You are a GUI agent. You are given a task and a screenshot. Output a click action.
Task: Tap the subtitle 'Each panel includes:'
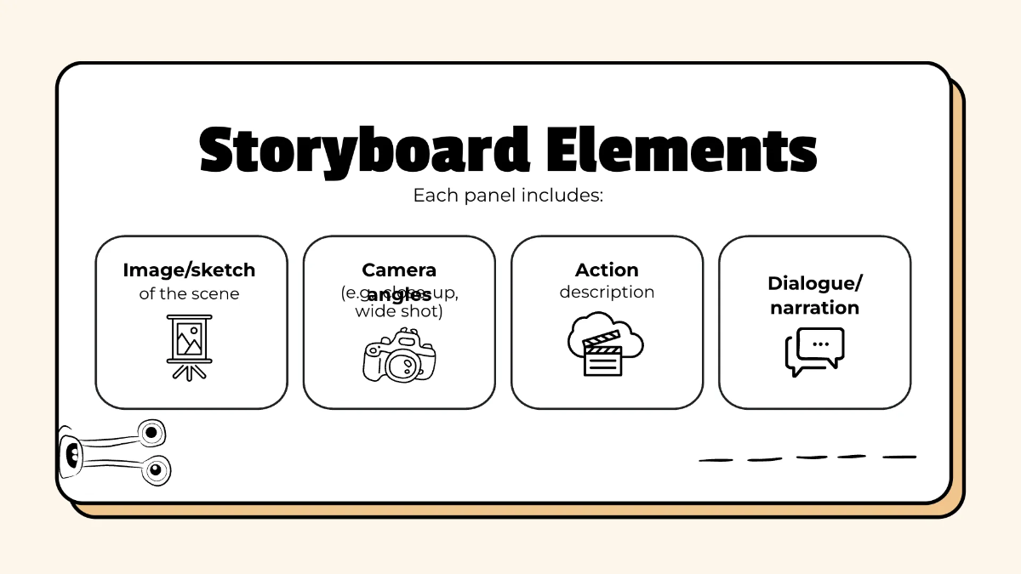click(x=508, y=196)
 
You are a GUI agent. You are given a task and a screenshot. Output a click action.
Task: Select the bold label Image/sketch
click(x=189, y=270)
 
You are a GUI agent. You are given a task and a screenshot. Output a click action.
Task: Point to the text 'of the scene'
click(x=189, y=294)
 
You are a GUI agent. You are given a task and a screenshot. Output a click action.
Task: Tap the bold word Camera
click(x=399, y=270)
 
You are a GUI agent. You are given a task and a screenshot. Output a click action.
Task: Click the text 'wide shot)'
click(x=399, y=312)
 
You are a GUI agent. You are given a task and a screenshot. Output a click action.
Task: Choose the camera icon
click(x=399, y=357)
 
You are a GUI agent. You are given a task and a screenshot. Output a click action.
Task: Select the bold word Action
click(x=607, y=270)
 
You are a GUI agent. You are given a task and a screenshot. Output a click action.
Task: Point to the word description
click(x=607, y=293)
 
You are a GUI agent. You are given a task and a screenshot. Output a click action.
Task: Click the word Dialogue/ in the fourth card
click(x=814, y=283)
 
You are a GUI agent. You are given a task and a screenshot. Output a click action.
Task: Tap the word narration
click(x=814, y=308)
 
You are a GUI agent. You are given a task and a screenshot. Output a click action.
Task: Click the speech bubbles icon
click(x=814, y=351)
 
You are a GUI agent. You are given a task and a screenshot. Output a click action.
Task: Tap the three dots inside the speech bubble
click(x=820, y=344)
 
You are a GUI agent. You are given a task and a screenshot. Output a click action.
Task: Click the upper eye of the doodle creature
click(x=151, y=433)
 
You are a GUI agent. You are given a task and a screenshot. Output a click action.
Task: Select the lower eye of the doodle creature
click(x=155, y=469)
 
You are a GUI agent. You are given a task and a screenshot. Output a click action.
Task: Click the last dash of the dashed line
click(x=898, y=457)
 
